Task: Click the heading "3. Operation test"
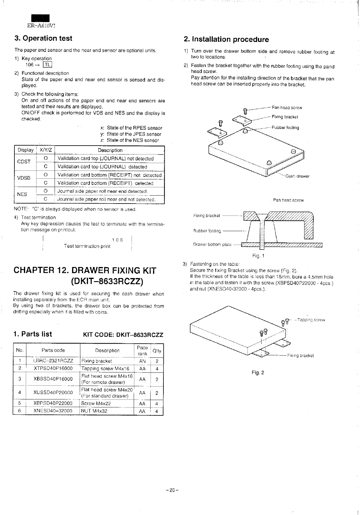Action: coord(43,38)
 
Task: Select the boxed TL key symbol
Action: coord(48,65)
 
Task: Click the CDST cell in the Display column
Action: coord(24,162)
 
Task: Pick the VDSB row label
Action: coord(24,178)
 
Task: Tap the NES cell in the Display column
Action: coord(22,194)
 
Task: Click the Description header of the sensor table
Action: coord(110,150)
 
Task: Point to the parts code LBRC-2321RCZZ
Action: coord(53,361)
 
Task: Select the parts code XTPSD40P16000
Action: coord(53,368)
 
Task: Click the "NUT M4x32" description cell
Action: coord(94,411)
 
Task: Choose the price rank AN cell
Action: coord(142,361)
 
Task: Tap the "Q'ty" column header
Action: coord(157,351)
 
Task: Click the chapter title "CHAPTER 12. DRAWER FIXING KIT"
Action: coord(85,271)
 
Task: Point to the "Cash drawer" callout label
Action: coord(297,176)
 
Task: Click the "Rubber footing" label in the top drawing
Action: coord(285,128)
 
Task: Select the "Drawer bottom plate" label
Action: coord(212,244)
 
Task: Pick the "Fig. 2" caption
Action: coord(258,373)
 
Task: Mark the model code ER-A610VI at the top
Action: coord(41,26)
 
